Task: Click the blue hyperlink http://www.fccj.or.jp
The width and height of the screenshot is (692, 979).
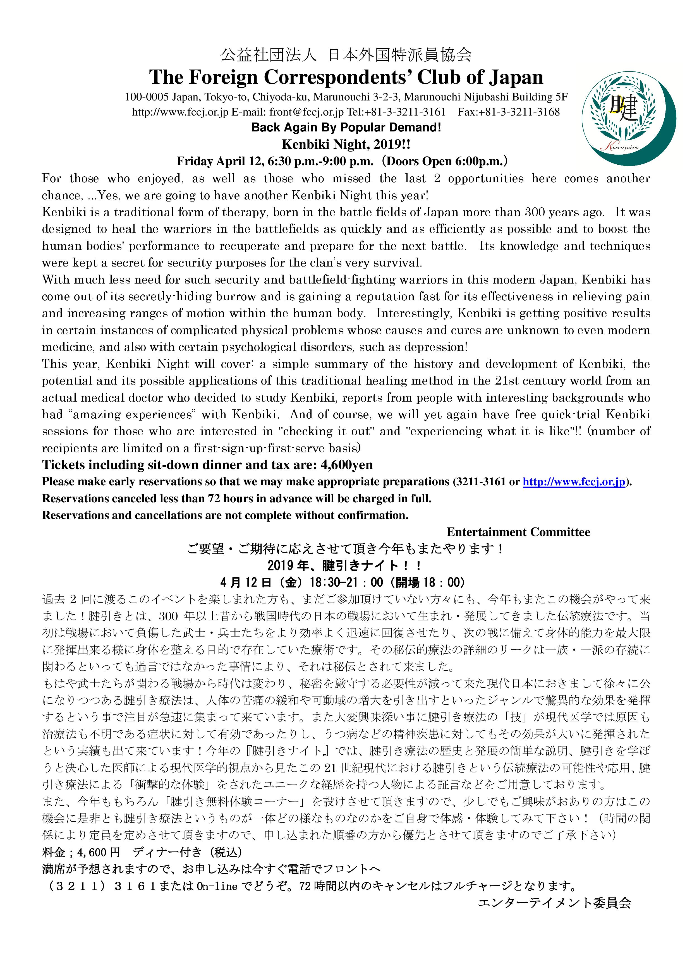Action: (x=574, y=482)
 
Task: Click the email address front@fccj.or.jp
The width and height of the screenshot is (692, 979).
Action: (x=306, y=112)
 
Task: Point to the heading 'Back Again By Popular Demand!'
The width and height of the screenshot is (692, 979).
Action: (x=346, y=128)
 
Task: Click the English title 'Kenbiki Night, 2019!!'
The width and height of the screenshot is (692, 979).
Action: (x=346, y=145)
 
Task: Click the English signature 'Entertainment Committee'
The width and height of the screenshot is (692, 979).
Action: (x=518, y=532)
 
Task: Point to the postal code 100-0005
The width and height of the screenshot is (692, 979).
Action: (x=147, y=97)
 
